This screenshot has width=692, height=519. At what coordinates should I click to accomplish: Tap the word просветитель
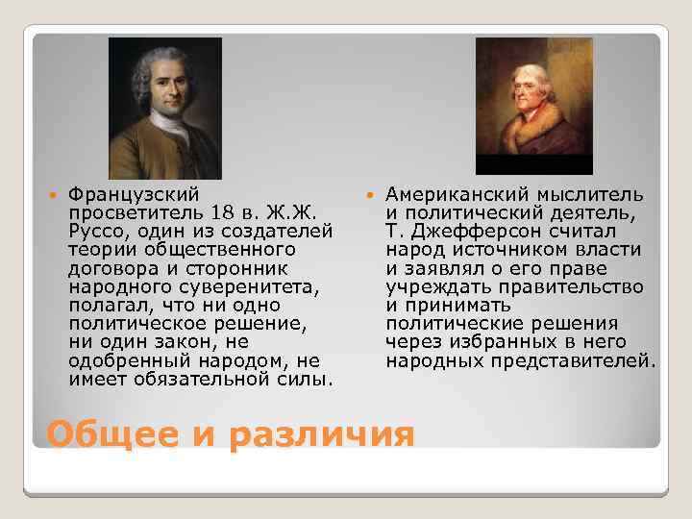coord(126,213)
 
